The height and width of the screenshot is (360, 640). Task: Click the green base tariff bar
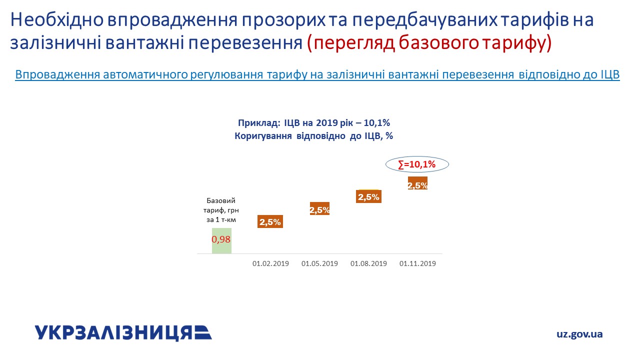tap(221, 241)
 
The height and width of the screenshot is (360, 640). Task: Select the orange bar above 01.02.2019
tap(270, 221)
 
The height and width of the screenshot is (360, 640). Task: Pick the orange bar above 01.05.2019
tap(319, 208)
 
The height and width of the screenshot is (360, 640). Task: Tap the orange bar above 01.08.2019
tap(368, 196)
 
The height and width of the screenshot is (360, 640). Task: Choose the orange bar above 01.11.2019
tap(417, 183)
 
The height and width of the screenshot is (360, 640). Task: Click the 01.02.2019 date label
tap(270, 263)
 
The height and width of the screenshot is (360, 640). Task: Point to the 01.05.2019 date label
tap(319, 263)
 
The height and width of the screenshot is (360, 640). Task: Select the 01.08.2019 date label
tap(368, 263)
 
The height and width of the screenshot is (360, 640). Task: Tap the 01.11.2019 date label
tap(417, 263)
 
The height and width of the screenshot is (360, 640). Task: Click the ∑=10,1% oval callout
tap(417, 156)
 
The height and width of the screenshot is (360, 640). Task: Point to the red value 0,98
tap(221, 239)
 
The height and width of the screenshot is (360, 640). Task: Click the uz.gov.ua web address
tap(579, 334)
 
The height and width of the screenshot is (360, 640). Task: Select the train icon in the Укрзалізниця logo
tap(203, 333)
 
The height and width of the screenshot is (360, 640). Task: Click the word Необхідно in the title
tap(57, 20)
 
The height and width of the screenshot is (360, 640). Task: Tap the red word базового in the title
tap(438, 43)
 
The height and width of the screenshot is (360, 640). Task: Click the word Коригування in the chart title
tap(263, 136)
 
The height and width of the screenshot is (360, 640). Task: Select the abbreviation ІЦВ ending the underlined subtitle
tap(610, 74)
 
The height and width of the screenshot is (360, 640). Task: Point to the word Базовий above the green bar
tap(221, 200)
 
